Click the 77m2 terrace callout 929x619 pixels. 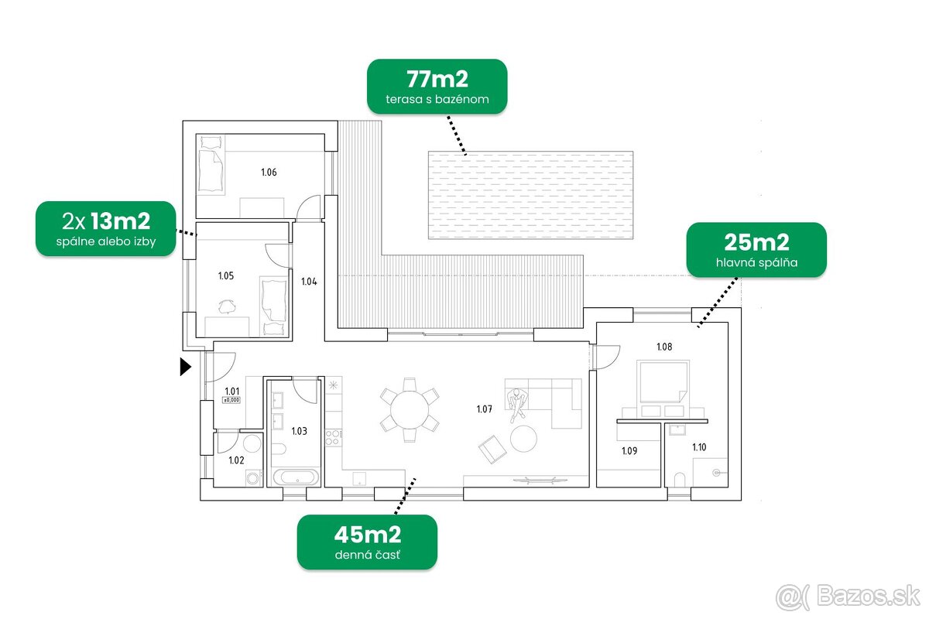click(x=437, y=86)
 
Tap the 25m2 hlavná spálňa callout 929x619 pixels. click(x=756, y=250)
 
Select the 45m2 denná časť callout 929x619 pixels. click(x=367, y=542)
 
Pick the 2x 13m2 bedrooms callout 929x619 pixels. click(x=106, y=228)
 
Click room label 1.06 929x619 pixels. click(x=269, y=172)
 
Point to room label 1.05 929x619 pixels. click(x=226, y=275)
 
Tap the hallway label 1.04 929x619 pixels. click(x=309, y=282)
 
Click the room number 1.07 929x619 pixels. click(x=485, y=409)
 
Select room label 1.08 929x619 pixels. click(x=664, y=347)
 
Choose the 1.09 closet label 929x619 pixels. click(x=629, y=450)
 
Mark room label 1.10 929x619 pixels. click(x=699, y=447)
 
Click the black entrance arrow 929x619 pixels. click(x=185, y=367)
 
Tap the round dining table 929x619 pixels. click(x=410, y=410)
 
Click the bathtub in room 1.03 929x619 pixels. click(x=296, y=477)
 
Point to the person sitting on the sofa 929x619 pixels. click(x=517, y=404)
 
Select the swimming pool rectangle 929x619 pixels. click(x=530, y=195)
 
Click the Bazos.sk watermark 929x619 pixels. click(x=848, y=597)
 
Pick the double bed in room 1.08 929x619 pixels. click(x=663, y=381)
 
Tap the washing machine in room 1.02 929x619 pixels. click(x=254, y=477)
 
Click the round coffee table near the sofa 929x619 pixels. click(x=523, y=438)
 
